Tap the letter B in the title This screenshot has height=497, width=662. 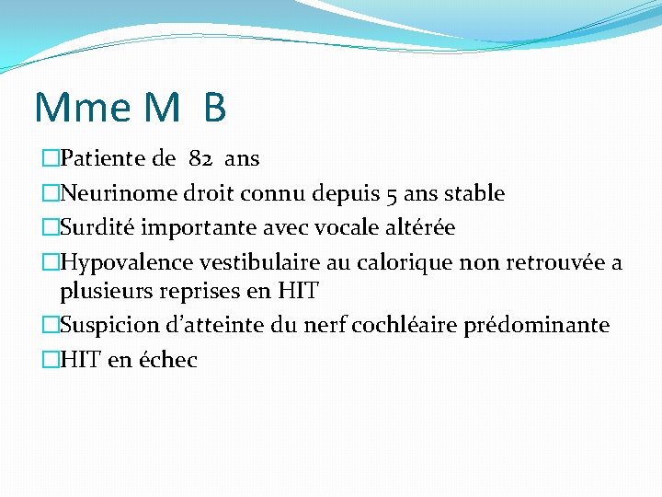click(214, 109)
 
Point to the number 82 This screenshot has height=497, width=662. click(200, 158)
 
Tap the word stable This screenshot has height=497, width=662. click(474, 193)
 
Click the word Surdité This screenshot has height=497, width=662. click(99, 227)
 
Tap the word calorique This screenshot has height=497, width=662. click(405, 263)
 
